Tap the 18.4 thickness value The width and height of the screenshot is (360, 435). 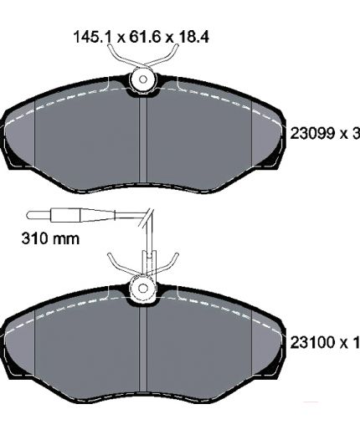[x=193, y=37]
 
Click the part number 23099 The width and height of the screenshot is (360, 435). [x=312, y=133]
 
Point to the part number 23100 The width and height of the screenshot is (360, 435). [x=312, y=342]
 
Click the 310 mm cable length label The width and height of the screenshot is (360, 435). [x=50, y=238]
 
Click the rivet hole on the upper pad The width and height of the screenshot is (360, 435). [x=143, y=79]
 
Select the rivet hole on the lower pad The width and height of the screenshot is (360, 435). [x=143, y=289]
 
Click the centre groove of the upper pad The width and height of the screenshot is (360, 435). [x=142, y=141]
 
